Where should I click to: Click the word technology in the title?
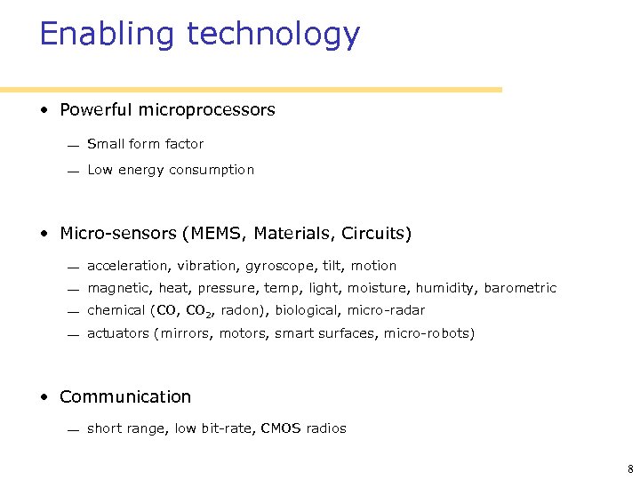(273, 35)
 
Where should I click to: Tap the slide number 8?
(628, 468)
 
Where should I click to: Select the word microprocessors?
(213, 110)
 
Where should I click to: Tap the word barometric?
(521, 288)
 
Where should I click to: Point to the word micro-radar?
(387, 310)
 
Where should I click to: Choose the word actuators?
(118, 333)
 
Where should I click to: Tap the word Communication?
(125, 396)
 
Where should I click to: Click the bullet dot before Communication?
(44, 397)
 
